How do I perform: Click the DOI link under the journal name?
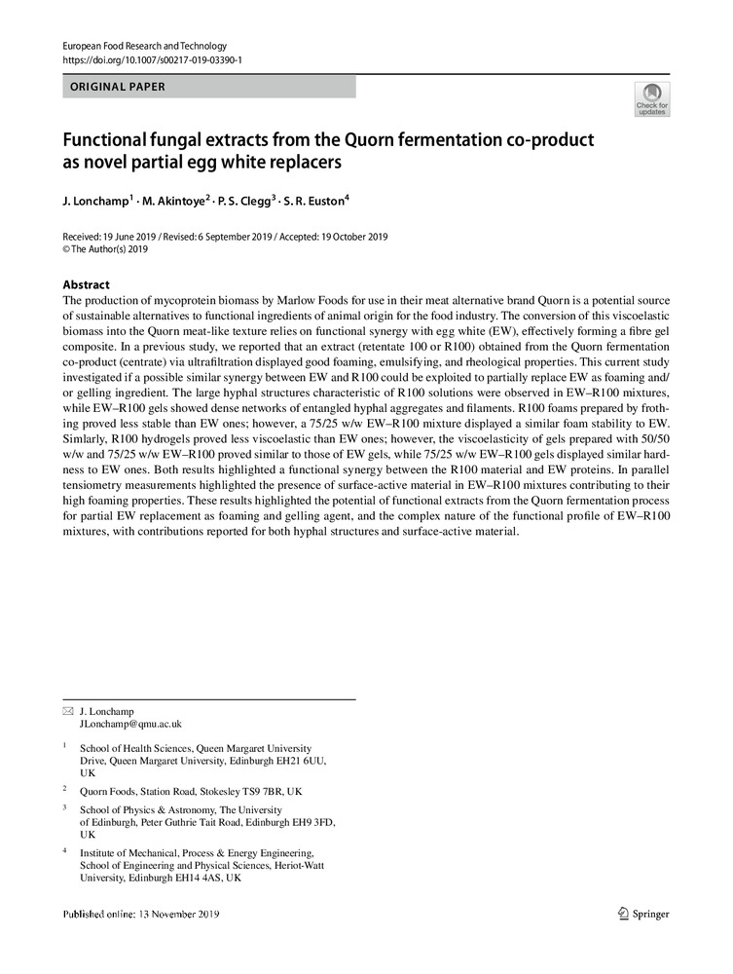pyautogui.click(x=152, y=60)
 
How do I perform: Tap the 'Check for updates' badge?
pyautogui.click(x=651, y=98)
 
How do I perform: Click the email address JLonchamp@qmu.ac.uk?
pyautogui.click(x=130, y=725)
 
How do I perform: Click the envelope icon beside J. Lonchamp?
pyautogui.click(x=67, y=712)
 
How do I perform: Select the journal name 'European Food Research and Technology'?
pyautogui.click(x=144, y=46)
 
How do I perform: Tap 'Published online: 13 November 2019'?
pyautogui.click(x=141, y=915)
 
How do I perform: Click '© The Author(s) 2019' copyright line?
pyautogui.click(x=105, y=249)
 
